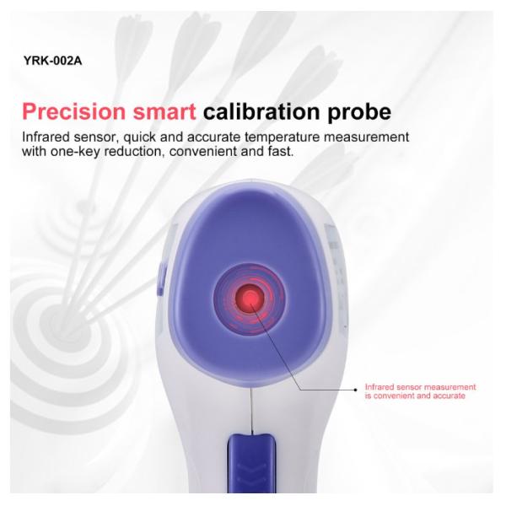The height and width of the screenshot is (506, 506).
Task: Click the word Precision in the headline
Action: (73, 111)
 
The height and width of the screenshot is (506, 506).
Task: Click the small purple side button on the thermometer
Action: (159, 279)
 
